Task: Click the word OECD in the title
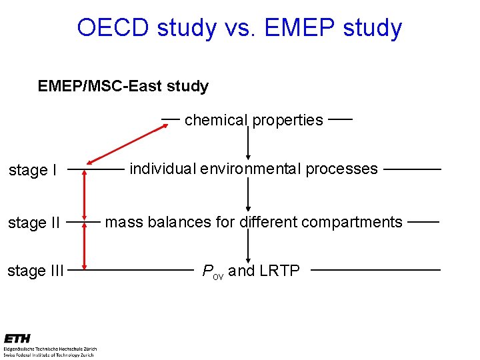click(x=113, y=28)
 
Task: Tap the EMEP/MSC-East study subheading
click(x=123, y=86)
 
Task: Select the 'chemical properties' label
click(x=253, y=120)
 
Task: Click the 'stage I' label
click(x=33, y=170)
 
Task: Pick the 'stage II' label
click(x=35, y=222)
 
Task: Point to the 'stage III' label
click(x=36, y=271)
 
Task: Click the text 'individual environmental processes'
click(x=253, y=169)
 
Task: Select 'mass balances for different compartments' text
click(x=254, y=222)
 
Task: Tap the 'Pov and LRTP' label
click(x=251, y=271)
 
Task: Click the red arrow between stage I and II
click(x=84, y=195)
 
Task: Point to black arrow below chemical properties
click(x=248, y=143)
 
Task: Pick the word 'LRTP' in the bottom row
click(x=279, y=271)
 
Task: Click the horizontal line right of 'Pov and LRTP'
click(x=375, y=270)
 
